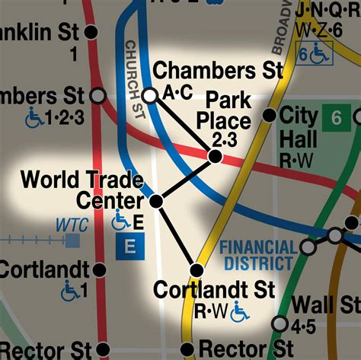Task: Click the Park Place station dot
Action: pos(215,156)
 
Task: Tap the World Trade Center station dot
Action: pos(156,202)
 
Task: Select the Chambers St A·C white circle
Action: pos(150,94)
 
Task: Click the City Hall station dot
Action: pos(269,116)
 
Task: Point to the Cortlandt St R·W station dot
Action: pos(196,270)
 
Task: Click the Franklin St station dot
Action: pos(91,32)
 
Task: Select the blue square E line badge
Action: pos(129,247)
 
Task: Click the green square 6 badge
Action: pos(335,118)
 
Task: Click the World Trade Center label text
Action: pos(82,190)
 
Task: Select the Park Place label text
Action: pos(223,110)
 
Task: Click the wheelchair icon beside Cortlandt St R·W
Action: pos(240,311)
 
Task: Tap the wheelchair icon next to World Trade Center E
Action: pos(120,221)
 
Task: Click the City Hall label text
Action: pos(299,128)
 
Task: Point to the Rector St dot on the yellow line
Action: pos(187,349)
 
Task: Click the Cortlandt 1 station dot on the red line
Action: pos(98,270)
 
